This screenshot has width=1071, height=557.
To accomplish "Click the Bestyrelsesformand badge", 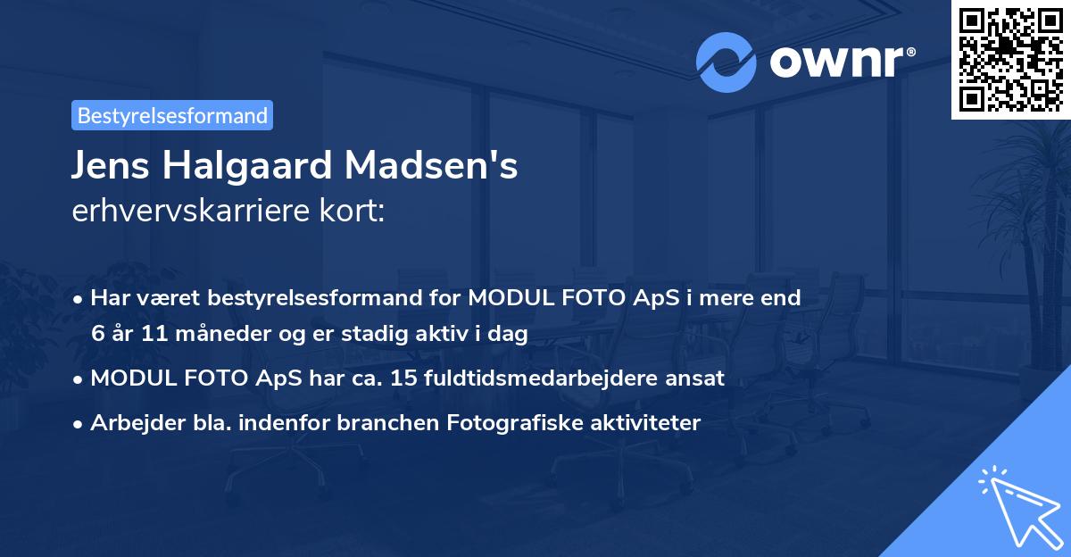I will tap(172, 115).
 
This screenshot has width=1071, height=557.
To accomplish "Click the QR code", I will tap(1010, 59).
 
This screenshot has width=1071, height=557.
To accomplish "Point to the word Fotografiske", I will tap(511, 424).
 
